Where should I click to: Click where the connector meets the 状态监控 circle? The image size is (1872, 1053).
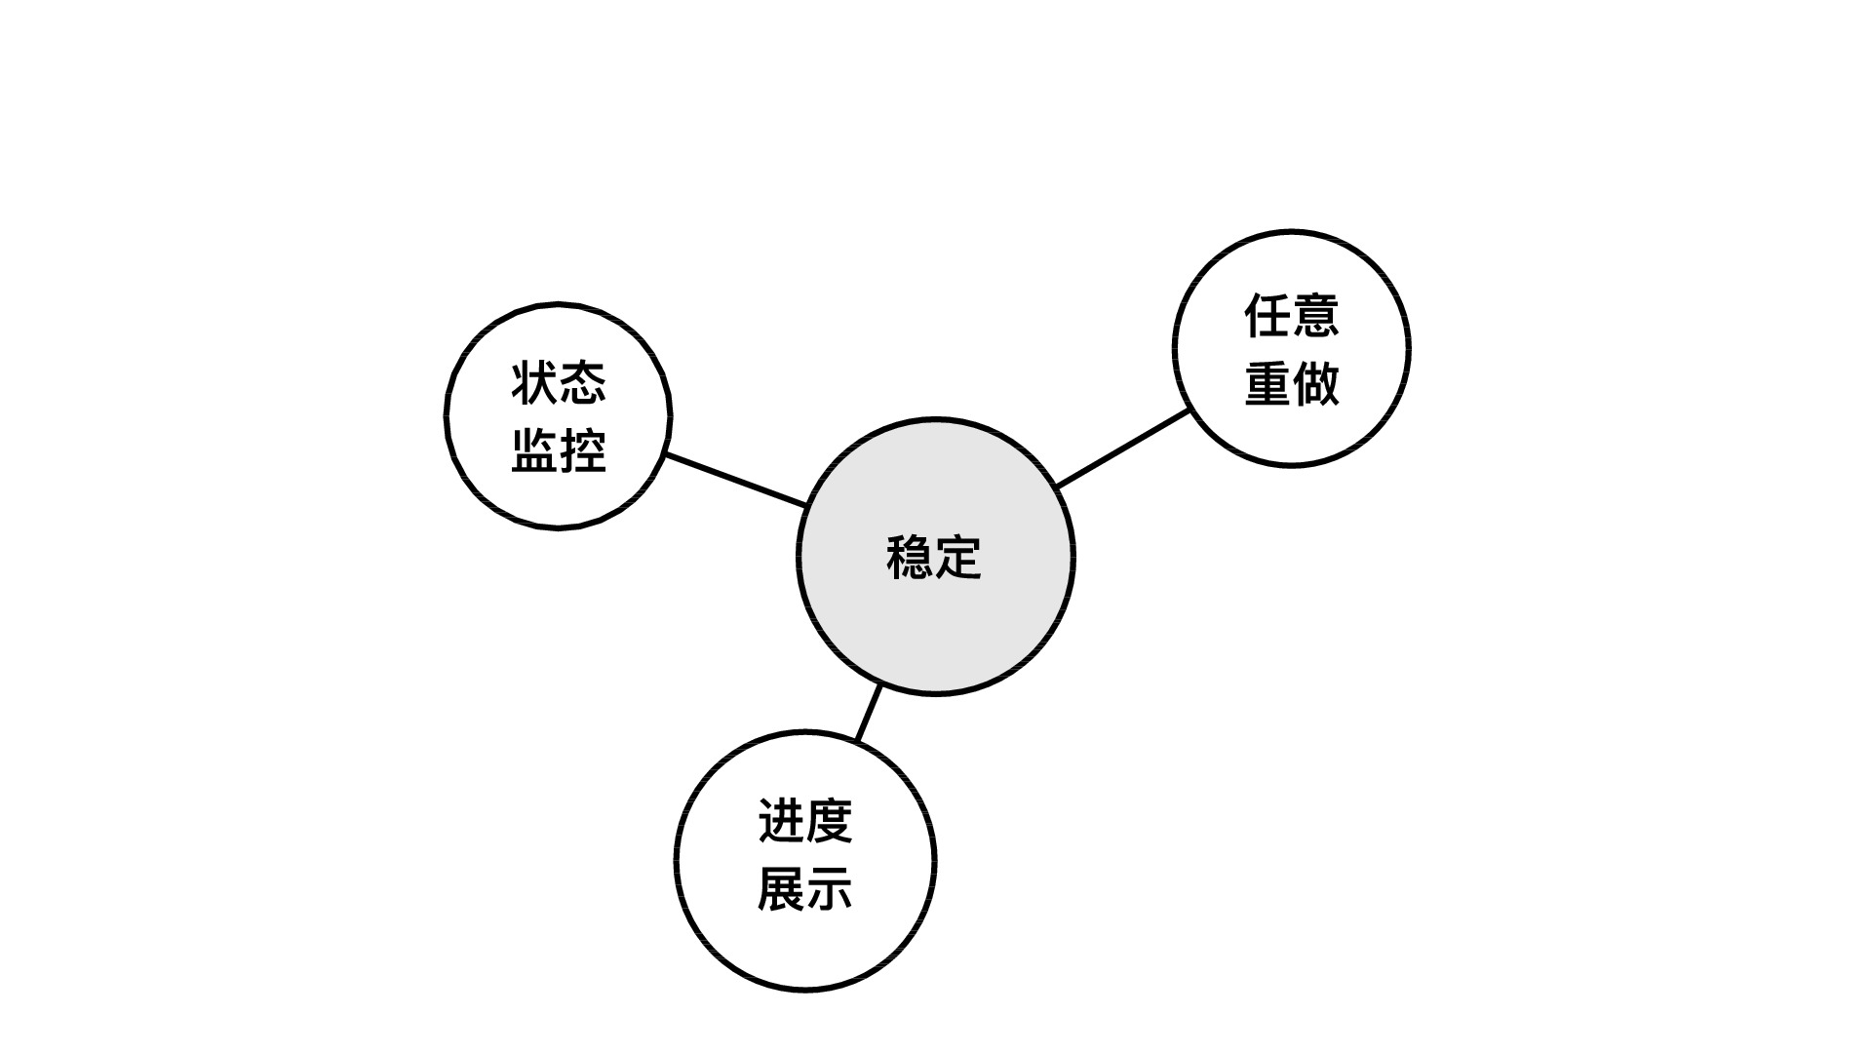click(x=666, y=454)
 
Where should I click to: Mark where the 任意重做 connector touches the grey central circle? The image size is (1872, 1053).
click(x=1057, y=486)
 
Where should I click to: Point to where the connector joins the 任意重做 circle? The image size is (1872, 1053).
click(x=1189, y=410)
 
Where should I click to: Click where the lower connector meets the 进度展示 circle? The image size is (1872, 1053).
click(x=857, y=741)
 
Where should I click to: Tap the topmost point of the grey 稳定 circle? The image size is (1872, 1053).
click(x=936, y=419)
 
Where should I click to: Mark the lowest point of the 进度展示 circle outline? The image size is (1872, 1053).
click(x=805, y=991)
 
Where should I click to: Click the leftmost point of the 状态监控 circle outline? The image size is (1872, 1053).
click(x=447, y=416)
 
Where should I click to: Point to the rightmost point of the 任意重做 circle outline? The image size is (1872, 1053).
click(x=1409, y=348)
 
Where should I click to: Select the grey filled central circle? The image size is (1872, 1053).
click(x=936, y=557)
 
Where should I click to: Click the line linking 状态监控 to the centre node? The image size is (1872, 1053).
click(x=736, y=480)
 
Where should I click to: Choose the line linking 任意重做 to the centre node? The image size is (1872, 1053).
click(x=1123, y=448)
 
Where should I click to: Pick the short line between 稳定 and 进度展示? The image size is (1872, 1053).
click(x=869, y=714)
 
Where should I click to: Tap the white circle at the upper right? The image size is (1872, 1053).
click(x=1292, y=348)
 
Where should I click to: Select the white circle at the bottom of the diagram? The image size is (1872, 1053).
click(x=805, y=861)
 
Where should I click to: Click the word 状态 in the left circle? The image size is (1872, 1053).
click(x=559, y=382)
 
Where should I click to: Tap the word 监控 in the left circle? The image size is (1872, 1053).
click(x=559, y=450)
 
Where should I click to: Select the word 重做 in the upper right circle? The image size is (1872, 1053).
click(x=1292, y=383)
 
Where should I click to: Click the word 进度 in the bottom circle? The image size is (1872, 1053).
click(x=805, y=821)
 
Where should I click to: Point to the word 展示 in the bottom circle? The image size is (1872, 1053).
click(x=805, y=889)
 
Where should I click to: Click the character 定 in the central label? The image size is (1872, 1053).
click(x=958, y=558)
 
